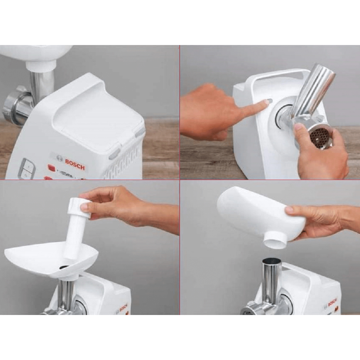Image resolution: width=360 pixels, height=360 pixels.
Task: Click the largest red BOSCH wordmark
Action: coord(75,165)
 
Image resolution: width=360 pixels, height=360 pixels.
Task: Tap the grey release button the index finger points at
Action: coord(269,102)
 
